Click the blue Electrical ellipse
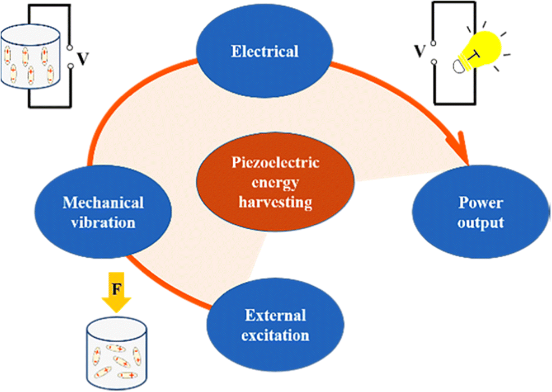click(x=265, y=51)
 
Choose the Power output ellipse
click(x=480, y=212)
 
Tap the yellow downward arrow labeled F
click(x=116, y=296)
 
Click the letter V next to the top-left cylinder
click(x=82, y=59)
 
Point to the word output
click(x=480, y=222)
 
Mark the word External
click(x=276, y=315)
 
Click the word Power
click(x=480, y=202)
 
